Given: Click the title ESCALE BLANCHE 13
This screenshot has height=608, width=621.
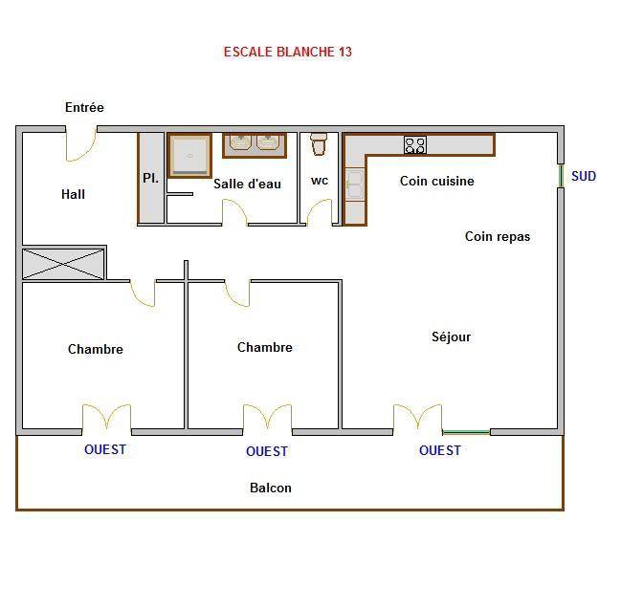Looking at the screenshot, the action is coord(287,52).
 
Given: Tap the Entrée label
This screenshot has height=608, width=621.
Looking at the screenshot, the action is coord(84,107).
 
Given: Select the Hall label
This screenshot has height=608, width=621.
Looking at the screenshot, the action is coord(73,194).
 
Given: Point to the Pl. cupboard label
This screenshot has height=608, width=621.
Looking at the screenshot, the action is coord(150,178).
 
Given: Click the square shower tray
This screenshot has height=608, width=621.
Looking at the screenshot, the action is coord(189,156).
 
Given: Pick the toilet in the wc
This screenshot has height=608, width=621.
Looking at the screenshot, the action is coord(319,144).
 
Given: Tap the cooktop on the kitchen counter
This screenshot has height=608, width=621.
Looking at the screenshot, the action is coord(415,144).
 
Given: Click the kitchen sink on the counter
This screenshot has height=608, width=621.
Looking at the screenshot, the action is coord(355,185).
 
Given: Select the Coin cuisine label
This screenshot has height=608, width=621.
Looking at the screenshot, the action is coord(437,181).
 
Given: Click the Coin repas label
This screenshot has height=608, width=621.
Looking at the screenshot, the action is coord(498,236).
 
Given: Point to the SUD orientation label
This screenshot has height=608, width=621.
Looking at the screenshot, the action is coord(584,176).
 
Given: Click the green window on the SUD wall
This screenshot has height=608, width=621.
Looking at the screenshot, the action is coord(561,176).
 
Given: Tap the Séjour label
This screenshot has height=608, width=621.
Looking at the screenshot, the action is coord(451,337).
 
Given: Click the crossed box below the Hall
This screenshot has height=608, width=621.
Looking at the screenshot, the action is coord(63,264).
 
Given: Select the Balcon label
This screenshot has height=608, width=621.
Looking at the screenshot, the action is coord(271,488).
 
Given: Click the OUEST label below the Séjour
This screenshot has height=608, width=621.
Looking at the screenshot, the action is coord(440,450).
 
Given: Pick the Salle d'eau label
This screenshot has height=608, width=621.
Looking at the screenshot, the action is coord(247,184).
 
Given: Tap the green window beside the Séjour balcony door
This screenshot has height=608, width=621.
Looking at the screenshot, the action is coord(466,432).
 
